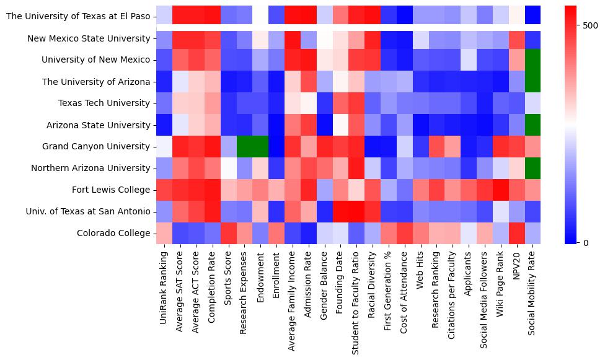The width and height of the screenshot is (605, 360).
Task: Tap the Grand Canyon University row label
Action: pyautogui.click(x=96, y=147)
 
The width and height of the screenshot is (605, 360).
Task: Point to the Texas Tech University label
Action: pyautogui.click(x=105, y=103)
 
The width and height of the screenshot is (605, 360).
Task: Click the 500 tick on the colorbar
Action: pyautogui.click(x=587, y=25)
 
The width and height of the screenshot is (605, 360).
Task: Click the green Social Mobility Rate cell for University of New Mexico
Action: pyautogui.click(x=532, y=60)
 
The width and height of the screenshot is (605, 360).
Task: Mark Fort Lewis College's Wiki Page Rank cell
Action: pyautogui.click(x=500, y=190)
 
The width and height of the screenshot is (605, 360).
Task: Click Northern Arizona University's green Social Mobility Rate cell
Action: pyautogui.click(x=532, y=169)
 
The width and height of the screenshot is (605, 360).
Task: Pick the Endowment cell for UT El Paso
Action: pyautogui.click(x=261, y=15)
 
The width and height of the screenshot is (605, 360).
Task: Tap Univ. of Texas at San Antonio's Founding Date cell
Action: pyautogui.click(x=341, y=212)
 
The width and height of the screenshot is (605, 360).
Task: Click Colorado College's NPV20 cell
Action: pyautogui.click(x=516, y=234)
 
